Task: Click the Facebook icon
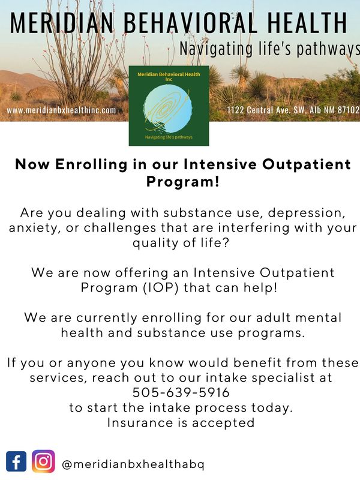click(16, 461)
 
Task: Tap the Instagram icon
click(43, 461)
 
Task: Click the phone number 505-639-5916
click(180, 392)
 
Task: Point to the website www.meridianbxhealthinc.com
click(61, 110)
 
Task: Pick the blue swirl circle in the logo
click(169, 108)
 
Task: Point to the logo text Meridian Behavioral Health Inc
click(169, 76)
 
